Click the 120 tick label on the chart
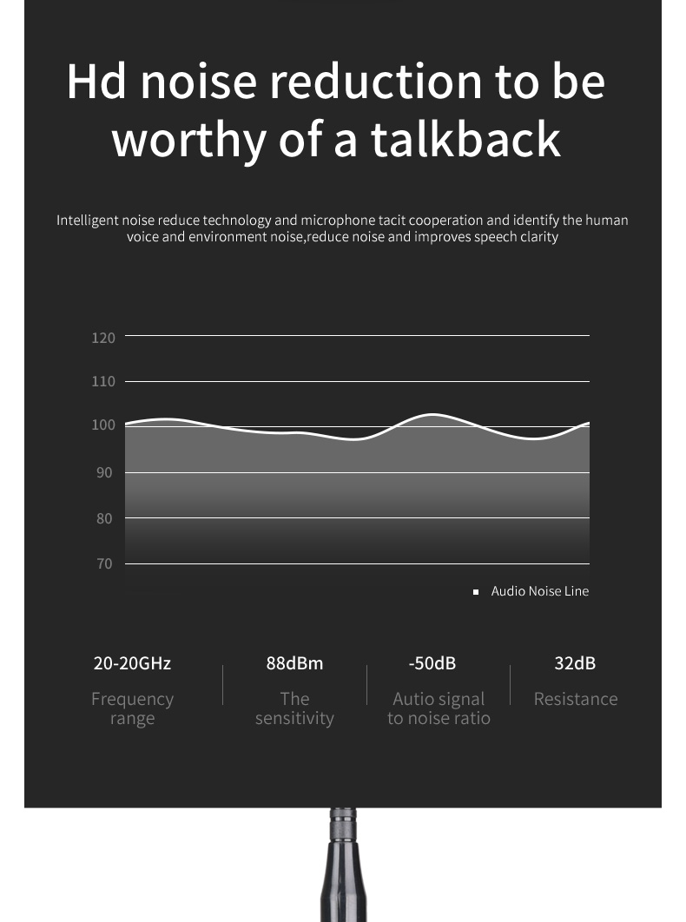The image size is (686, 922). (x=103, y=338)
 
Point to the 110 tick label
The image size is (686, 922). (x=103, y=382)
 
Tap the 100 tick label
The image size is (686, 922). (x=103, y=425)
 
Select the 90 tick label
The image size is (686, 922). (x=104, y=473)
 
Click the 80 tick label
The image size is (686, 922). (x=104, y=518)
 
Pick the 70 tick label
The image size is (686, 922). (x=104, y=564)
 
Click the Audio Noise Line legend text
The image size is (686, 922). (x=539, y=591)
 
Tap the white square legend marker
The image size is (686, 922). (x=476, y=592)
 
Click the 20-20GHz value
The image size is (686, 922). (x=132, y=664)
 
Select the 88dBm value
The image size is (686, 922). (x=294, y=664)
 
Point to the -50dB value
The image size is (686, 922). (x=432, y=664)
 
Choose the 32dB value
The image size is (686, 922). (x=575, y=664)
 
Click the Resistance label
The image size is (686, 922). (x=576, y=699)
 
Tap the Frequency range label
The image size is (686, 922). (x=132, y=708)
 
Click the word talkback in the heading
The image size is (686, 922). (x=465, y=139)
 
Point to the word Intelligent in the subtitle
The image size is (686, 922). (x=88, y=221)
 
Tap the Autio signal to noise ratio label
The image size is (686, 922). (x=439, y=708)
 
